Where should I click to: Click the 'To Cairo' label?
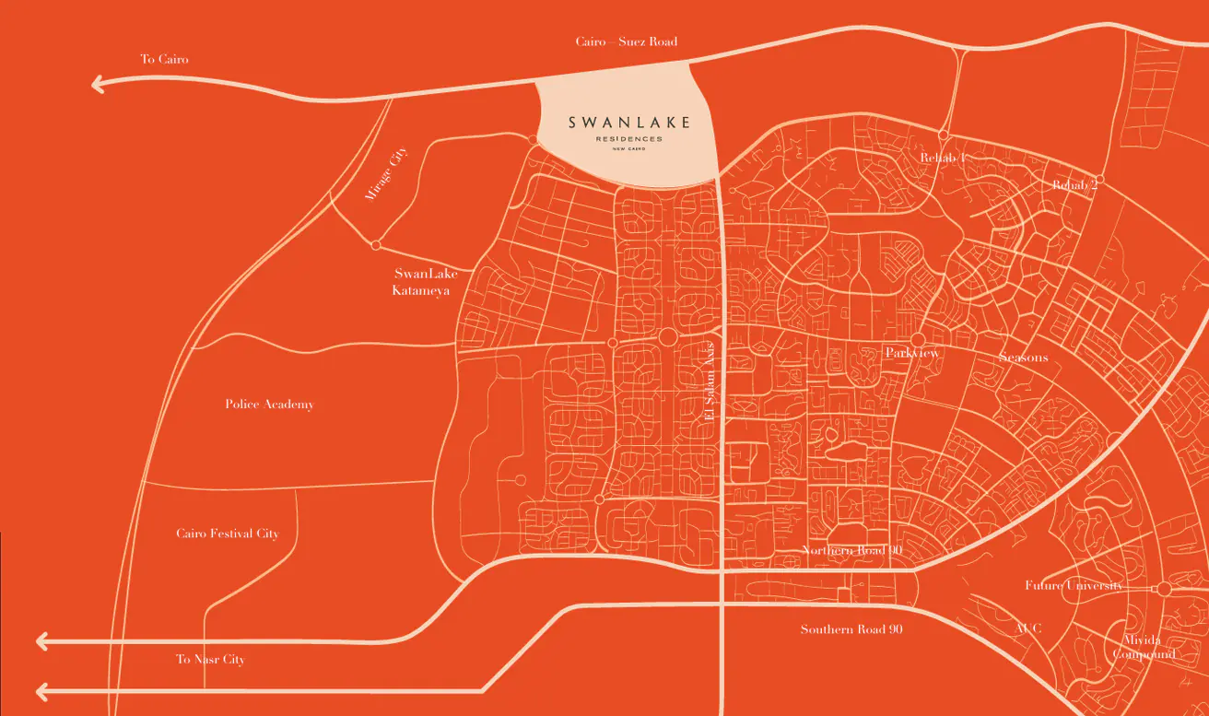[164, 60]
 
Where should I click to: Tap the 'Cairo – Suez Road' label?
[626, 41]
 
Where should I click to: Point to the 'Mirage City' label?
[383, 175]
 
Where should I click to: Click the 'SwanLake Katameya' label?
[422, 282]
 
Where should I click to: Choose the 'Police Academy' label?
[269, 405]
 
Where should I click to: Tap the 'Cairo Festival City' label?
[227, 534]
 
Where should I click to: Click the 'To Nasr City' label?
[210, 660]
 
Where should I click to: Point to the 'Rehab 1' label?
[942, 158]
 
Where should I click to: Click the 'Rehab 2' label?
[1074, 185]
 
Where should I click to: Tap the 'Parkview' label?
[911, 353]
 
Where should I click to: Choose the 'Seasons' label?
[1023, 357]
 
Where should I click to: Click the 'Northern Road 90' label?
[851, 551]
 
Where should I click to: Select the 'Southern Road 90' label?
[851, 629]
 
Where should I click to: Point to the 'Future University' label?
[1074, 586]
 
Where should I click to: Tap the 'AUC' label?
[1027, 628]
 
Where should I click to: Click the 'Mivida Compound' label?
[1144, 647]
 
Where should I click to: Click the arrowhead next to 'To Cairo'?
[98, 85]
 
